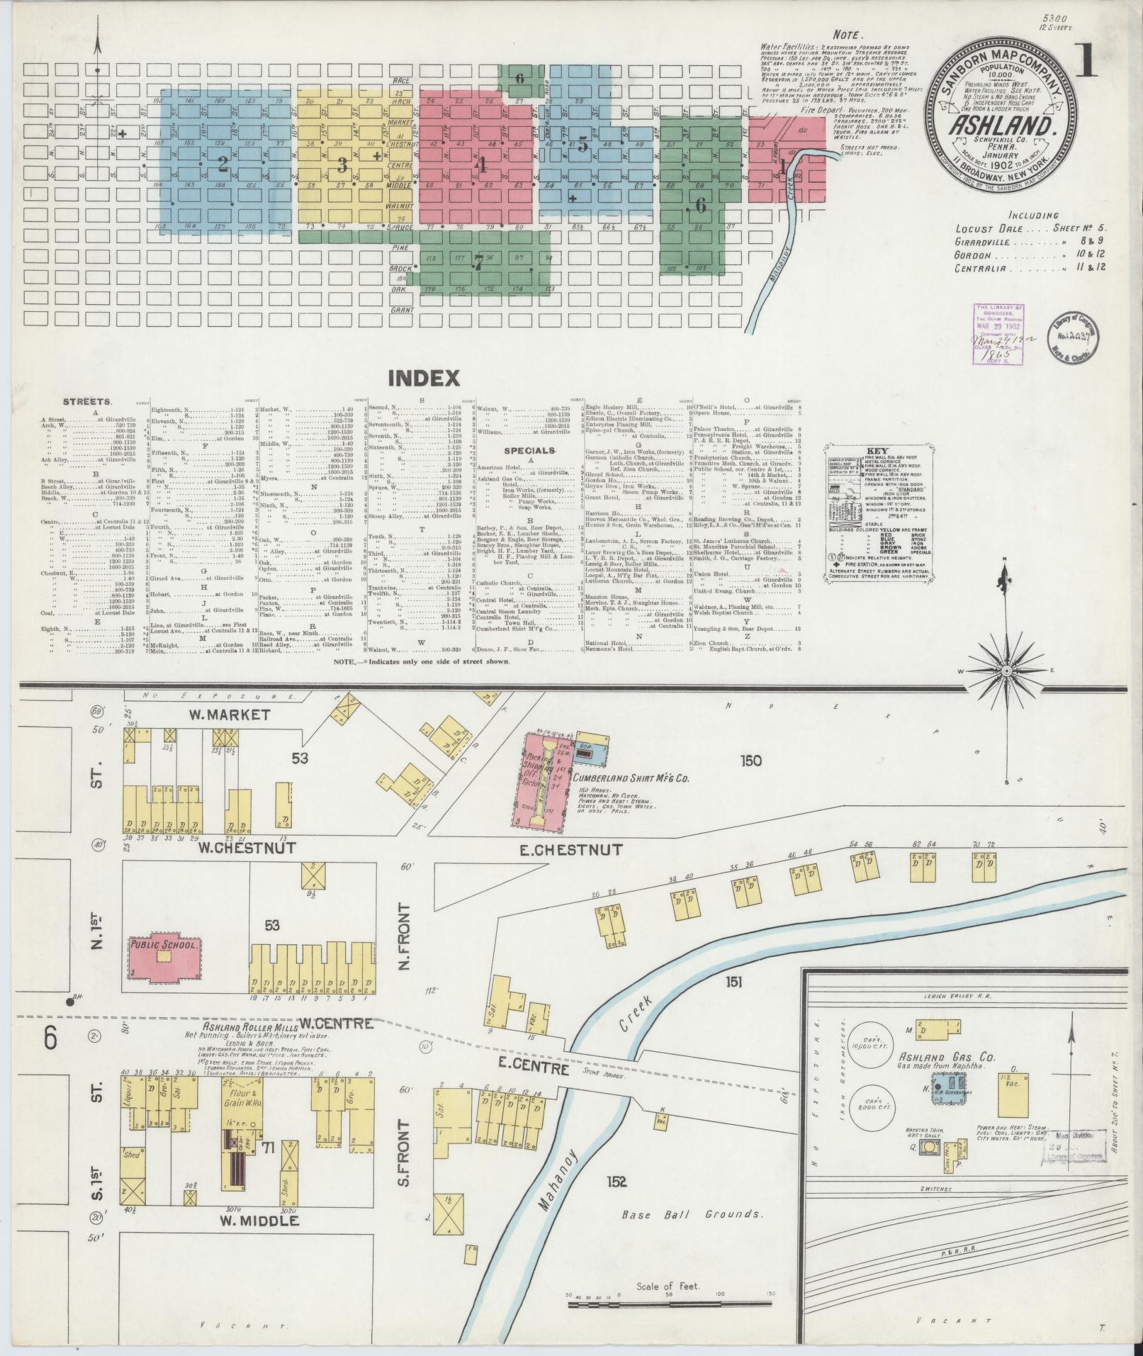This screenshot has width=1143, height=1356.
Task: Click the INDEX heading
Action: tap(424, 379)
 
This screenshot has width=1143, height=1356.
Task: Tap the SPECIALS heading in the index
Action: tap(529, 451)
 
